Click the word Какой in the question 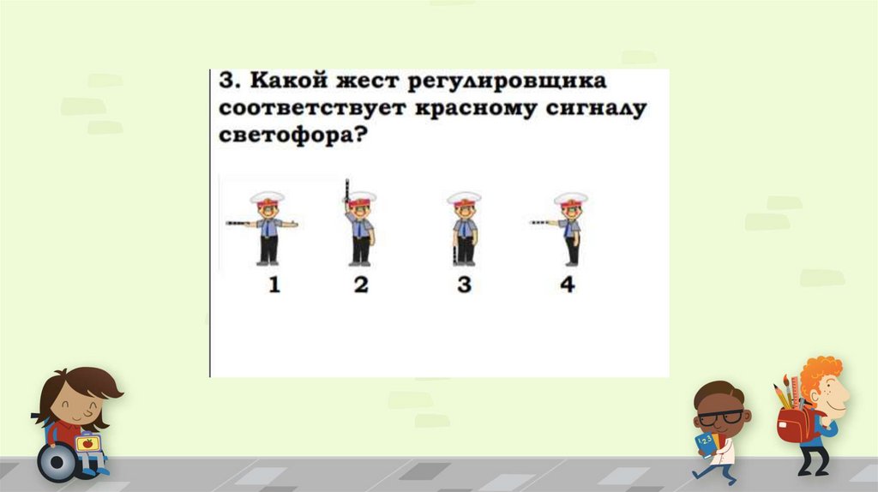(289, 81)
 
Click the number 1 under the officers (274, 285)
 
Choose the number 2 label (361, 285)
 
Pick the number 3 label (464, 285)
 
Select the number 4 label (568, 285)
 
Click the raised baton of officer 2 (347, 189)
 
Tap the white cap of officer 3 (464, 197)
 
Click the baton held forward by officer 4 (539, 222)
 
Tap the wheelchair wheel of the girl (57, 462)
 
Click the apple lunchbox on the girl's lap (88, 443)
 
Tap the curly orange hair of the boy (819, 374)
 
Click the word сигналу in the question (597, 110)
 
